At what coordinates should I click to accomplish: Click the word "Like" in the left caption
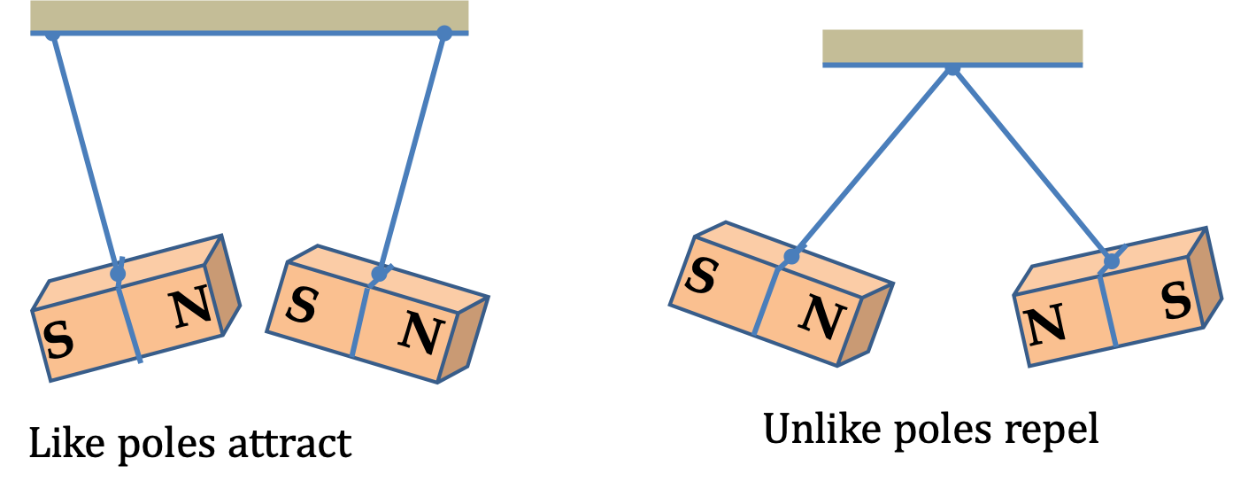pos(66,443)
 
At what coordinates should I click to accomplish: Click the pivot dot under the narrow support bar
pos(952,68)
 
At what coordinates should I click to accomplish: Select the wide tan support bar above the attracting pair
pos(250,16)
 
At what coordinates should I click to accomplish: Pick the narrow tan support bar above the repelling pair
pos(952,46)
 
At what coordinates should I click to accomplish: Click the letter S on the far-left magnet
pos(58,339)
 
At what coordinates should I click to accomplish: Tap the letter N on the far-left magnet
pos(190,307)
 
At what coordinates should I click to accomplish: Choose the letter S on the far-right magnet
pos(1176,300)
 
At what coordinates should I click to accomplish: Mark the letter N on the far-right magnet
pos(1044,325)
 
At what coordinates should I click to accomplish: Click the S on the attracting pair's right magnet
pos(302,304)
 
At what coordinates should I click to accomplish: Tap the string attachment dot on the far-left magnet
pos(117,273)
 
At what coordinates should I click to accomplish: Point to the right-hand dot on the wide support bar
pos(444,33)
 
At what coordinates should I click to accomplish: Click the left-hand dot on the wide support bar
pos(52,35)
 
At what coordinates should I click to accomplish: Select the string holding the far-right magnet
pos(1031,164)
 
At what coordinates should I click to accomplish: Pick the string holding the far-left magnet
pos(85,153)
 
